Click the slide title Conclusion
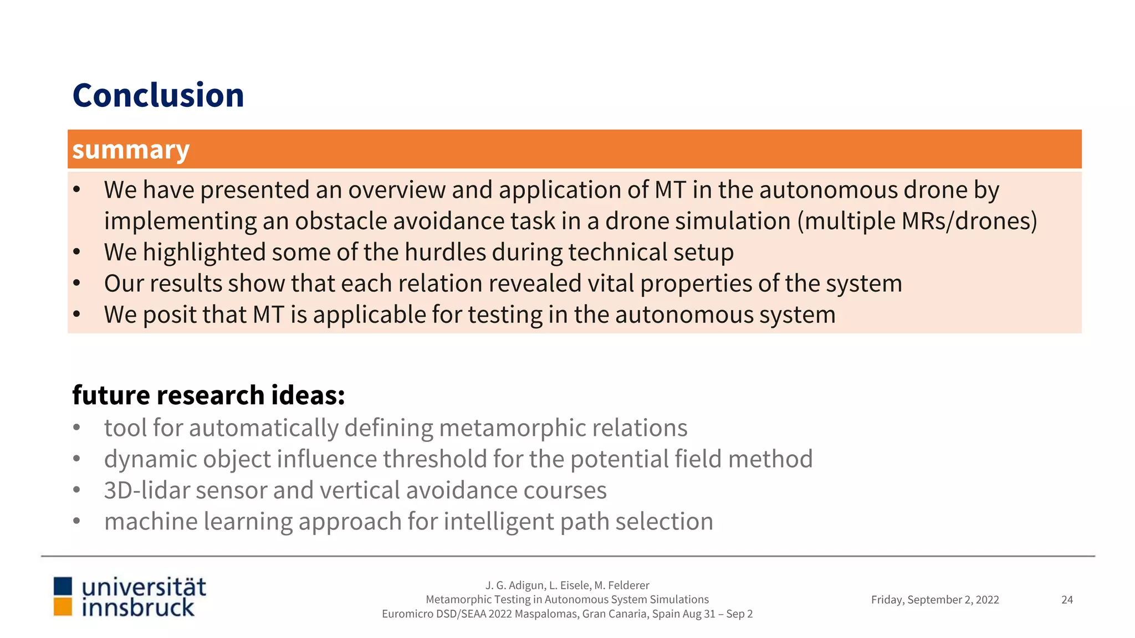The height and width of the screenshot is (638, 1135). point(158,95)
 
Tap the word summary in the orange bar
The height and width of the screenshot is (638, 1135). point(131,150)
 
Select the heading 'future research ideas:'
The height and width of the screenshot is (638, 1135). point(208,395)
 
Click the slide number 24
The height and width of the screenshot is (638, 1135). point(1067,600)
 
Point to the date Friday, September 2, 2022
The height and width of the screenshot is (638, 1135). point(935,600)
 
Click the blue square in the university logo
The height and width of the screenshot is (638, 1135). point(63,586)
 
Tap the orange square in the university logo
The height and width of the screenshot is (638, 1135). point(63,607)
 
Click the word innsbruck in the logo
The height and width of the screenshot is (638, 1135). point(138,608)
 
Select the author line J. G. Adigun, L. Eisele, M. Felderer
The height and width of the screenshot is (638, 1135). point(567,585)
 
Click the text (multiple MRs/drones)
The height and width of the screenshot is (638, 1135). point(917,221)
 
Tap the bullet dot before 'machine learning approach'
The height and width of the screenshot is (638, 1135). point(76,522)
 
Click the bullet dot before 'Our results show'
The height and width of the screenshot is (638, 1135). point(76,284)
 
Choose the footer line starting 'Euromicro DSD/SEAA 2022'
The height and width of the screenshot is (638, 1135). point(567,614)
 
